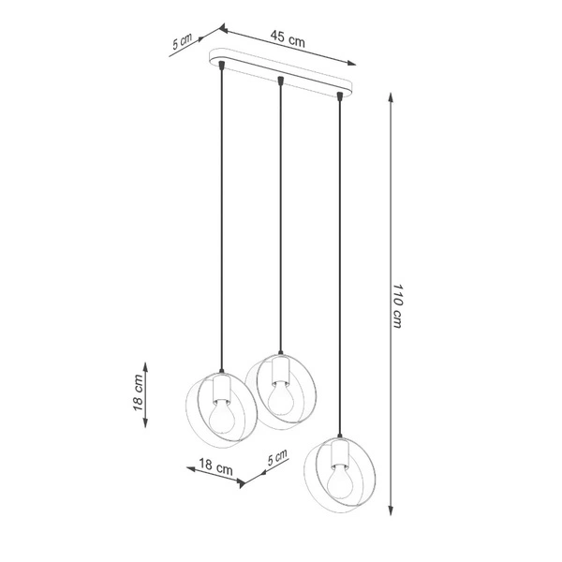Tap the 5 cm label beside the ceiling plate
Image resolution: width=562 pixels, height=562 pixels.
(x=184, y=42)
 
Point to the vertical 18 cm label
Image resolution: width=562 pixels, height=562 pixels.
(x=138, y=393)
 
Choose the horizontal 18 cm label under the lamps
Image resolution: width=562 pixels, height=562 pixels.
(x=216, y=466)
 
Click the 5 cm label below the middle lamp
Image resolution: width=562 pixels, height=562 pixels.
(x=277, y=459)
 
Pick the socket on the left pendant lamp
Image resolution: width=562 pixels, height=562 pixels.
(x=221, y=386)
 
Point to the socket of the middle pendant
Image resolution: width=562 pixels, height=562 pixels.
(x=278, y=372)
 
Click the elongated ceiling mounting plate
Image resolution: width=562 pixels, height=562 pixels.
(x=281, y=76)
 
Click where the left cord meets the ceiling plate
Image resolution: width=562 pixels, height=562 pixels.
(x=221, y=63)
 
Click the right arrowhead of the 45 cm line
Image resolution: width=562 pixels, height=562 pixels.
(x=356, y=64)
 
